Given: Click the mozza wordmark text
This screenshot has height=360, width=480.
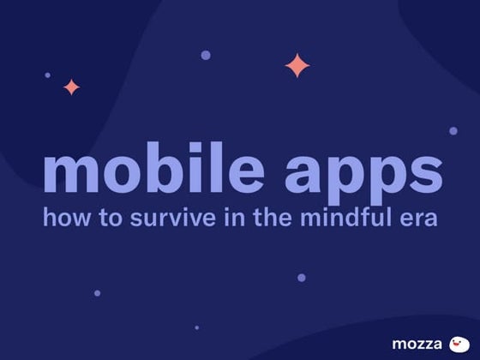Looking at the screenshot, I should pos(417,345).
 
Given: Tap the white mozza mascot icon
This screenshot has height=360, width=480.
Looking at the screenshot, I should pos(460,344).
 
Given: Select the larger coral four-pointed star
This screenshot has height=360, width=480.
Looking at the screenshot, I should pos(297,65).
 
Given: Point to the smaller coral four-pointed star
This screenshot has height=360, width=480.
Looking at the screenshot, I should pos(71,87).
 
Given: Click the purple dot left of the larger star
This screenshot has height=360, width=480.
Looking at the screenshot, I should pos(206,55).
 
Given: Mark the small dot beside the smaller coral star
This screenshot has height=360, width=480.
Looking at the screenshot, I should pos(47,75).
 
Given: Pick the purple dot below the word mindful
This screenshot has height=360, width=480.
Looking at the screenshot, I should pos(302,277).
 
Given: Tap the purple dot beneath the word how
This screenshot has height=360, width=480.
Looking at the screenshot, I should pos(97,293).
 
